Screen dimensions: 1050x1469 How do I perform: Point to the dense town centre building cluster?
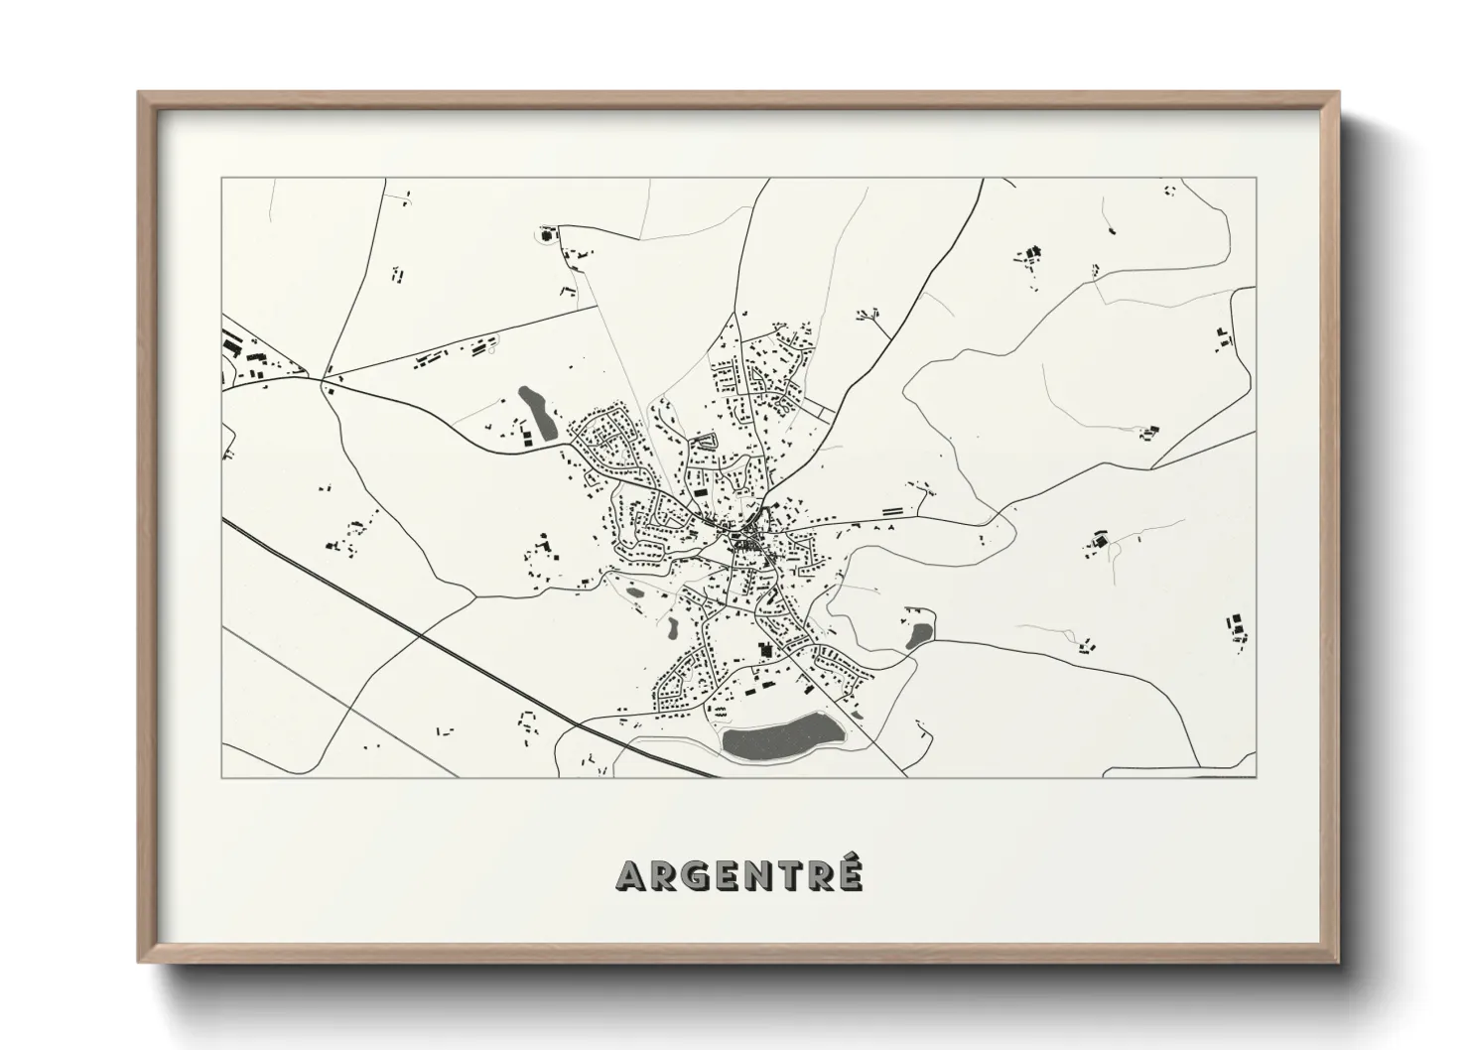744,541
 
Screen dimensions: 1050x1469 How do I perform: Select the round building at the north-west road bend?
545,236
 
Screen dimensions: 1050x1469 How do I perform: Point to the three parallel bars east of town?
893,510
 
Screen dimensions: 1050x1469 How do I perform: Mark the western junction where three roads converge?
325,378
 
